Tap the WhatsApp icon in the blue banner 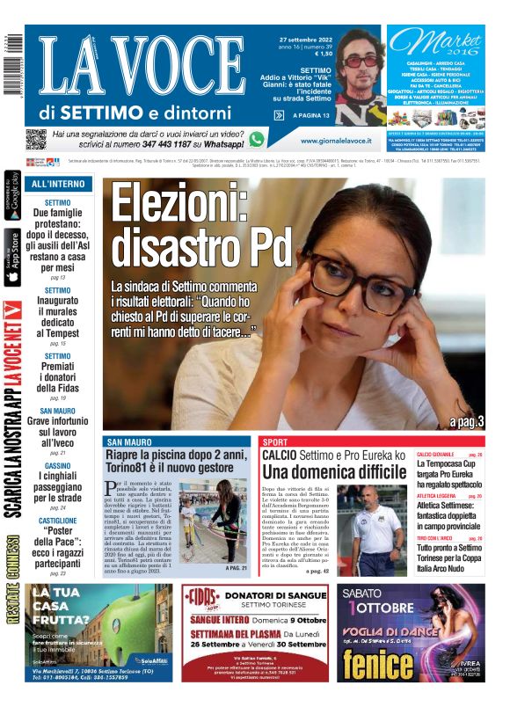coord(256,139)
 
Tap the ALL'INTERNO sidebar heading coord(58,185)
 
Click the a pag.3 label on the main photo coord(466,423)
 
